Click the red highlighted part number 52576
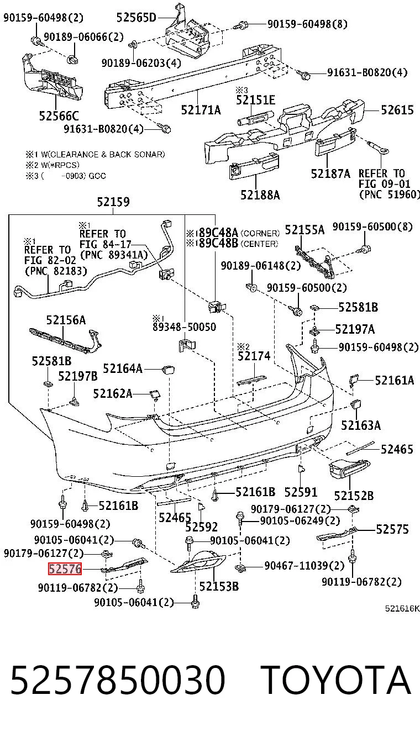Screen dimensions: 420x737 (x=65, y=568)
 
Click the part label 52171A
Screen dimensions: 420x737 (x=201, y=110)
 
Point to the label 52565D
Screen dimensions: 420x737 (x=136, y=18)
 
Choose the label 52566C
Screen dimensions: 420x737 (x=59, y=116)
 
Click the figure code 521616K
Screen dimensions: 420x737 (x=402, y=608)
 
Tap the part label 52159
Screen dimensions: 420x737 (x=113, y=202)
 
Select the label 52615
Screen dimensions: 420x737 (x=397, y=109)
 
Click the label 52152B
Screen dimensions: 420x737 (x=354, y=496)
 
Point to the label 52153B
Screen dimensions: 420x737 (x=219, y=586)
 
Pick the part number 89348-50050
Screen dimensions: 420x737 (x=185, y=327)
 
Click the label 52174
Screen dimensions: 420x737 (x=254, y=356)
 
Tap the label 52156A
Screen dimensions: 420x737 (x=66, y=320)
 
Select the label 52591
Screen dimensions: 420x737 (x=301, y=492)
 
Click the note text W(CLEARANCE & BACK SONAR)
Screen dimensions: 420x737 (x=103, y=154)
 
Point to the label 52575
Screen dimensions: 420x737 (x=392, y=529)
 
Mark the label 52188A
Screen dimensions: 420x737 (x=260, y=195)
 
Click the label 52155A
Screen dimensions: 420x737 (x=305, y=230)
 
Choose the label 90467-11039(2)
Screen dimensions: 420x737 (x=305, y=566)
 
